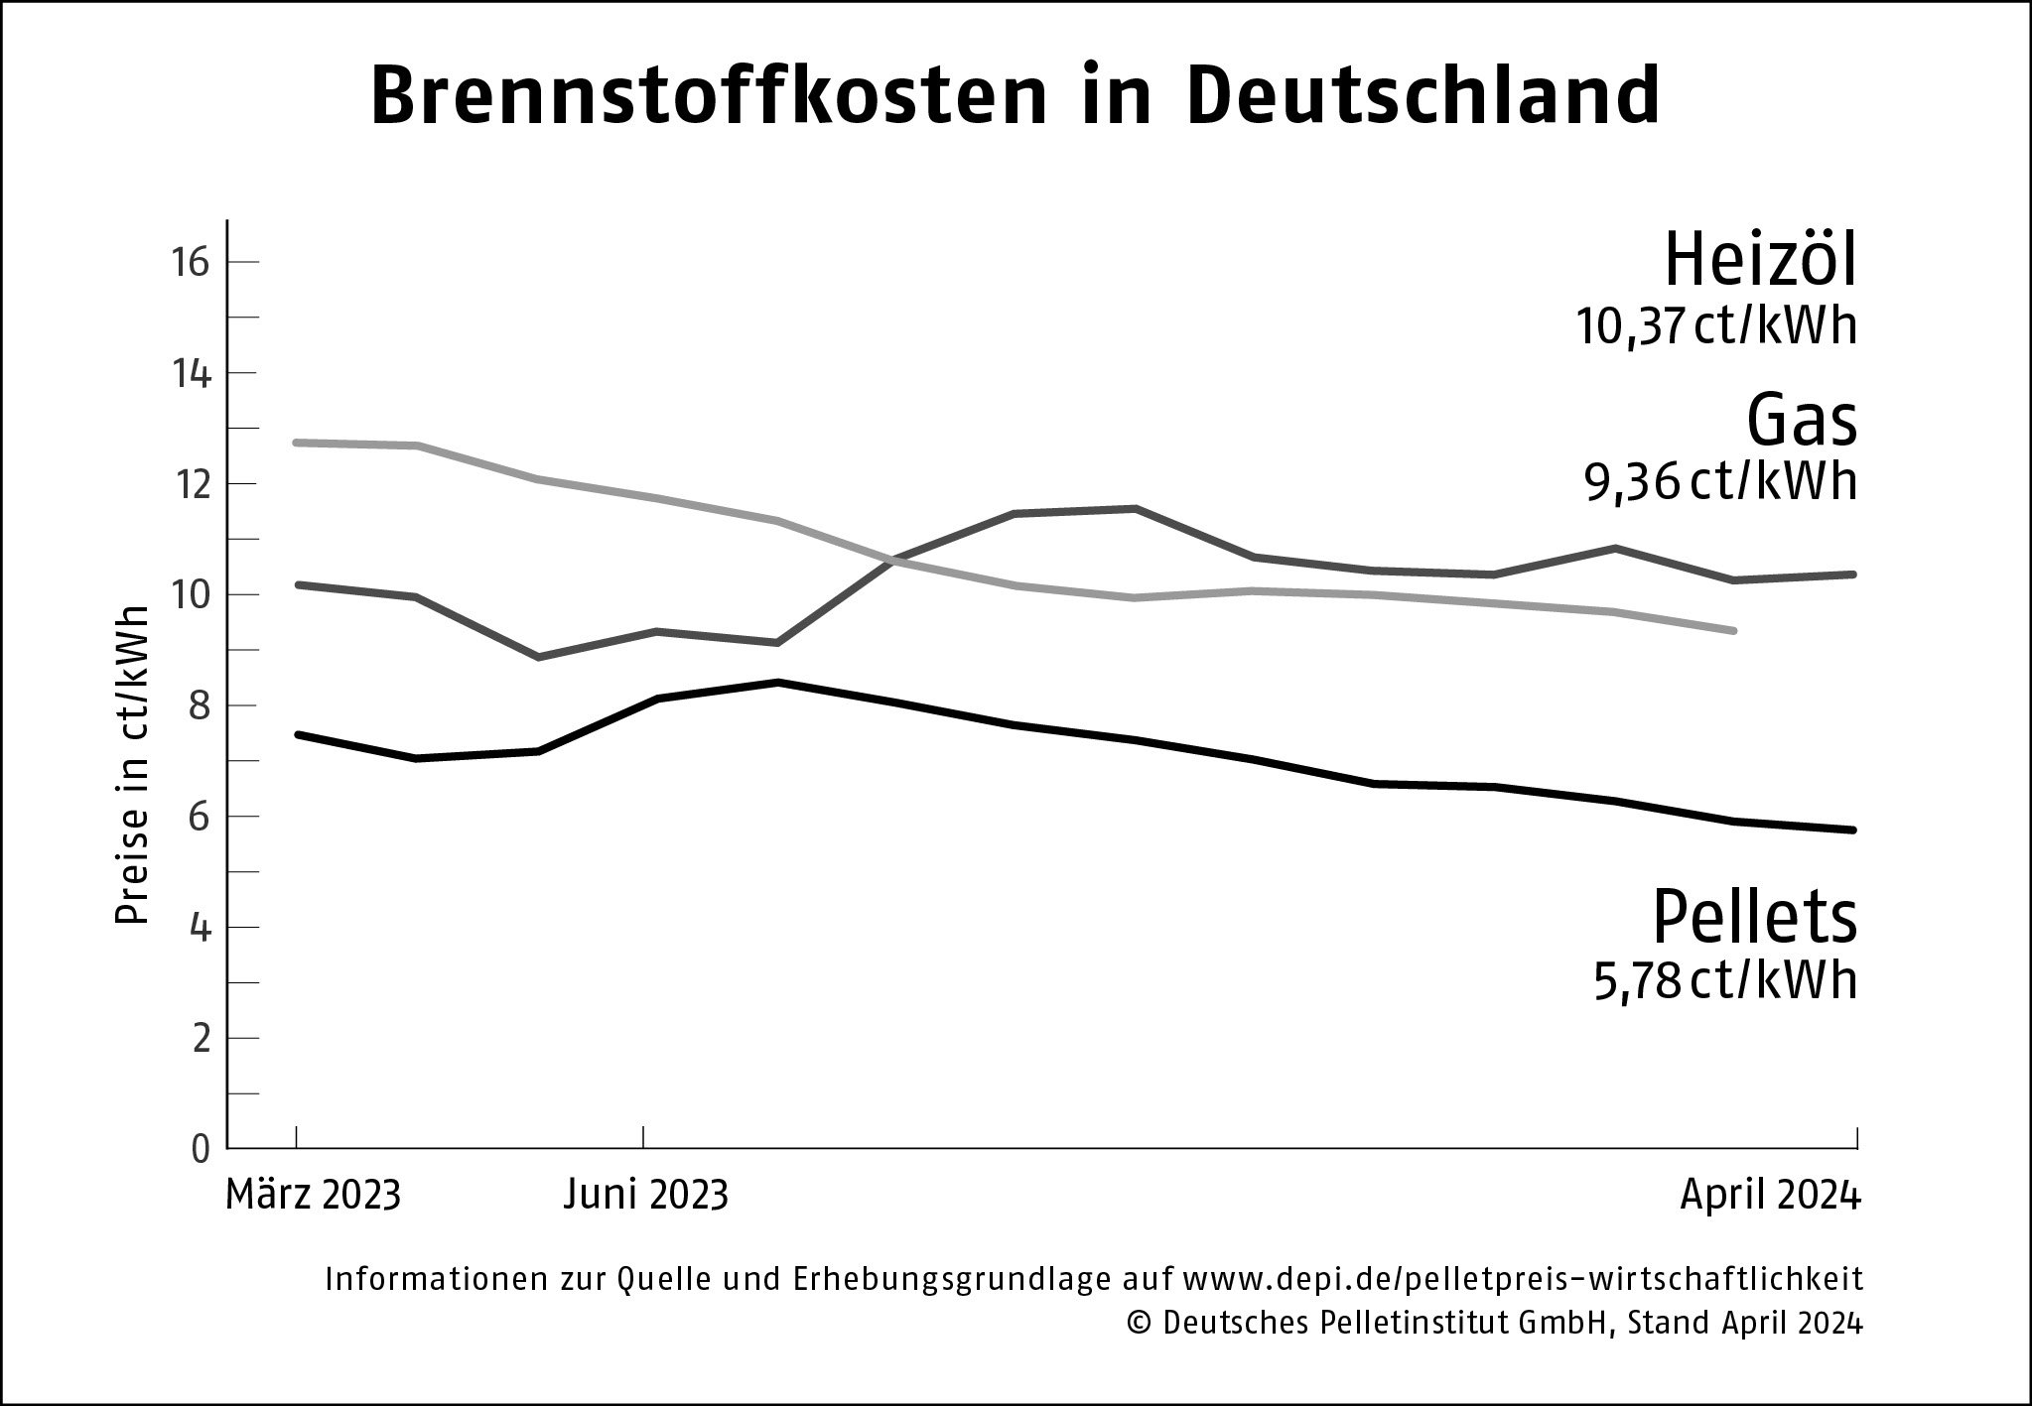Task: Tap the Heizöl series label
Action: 1759,259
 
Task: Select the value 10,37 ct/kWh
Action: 1716,326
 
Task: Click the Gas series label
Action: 1801,421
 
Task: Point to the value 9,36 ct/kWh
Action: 1720,483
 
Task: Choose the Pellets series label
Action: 1754,917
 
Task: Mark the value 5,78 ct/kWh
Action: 1725,981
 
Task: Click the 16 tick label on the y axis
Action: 192,263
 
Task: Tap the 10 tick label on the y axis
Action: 192,595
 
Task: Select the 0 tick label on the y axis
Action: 201,1149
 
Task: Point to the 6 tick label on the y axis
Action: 201,817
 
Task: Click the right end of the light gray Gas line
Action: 1733,630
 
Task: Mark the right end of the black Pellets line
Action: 1852,830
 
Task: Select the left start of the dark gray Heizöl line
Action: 299,584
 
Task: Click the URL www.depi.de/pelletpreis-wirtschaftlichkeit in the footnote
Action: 1524,1280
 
